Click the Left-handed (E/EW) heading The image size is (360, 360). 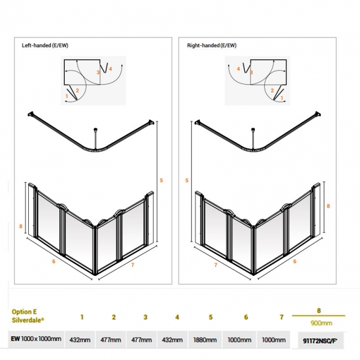click(x=45, y=45)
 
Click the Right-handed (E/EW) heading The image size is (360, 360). click(x=212, y=45)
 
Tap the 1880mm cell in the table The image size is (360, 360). click(x=205, y=340)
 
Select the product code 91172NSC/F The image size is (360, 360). click(x=320, y=341)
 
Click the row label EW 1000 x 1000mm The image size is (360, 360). click(x=36, y=338)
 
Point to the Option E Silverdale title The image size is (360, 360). click(x=28, y=316)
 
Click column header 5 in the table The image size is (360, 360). click(x=210, y=317)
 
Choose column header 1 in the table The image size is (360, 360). click(x=82, y=317)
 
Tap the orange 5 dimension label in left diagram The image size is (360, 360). click(x=161, y=181)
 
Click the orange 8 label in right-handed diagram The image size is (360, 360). click(x=328, y=206)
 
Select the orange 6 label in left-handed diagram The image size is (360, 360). click(x=54, y=261)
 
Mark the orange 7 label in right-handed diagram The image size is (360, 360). click(x=215, y=265)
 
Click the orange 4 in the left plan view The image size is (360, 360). click(x=110, y=69)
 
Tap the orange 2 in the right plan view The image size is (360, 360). click(x=272, y=90)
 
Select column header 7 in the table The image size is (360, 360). click(x=281, y=317)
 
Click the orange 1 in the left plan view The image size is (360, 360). click(x=67, y=96)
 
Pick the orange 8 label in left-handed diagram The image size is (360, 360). click(x=20, y=226)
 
